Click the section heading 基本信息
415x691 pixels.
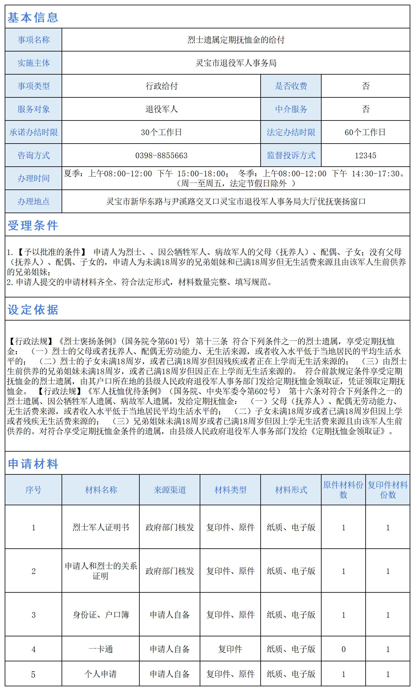tap(33, 17)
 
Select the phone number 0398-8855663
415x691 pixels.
tap(161, 155)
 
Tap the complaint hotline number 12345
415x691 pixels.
tap(365, 155)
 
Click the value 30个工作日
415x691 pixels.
tap(161, 132)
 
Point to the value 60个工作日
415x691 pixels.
tap(365, 132)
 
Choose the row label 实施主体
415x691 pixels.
tap(33, 63)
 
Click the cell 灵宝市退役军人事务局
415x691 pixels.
tap(236, 63)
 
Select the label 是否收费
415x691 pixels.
tap(291, 86)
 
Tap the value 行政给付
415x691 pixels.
tap(161, 86)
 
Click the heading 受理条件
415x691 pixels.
tap(33, 225)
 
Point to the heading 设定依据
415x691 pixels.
tap(33, 310)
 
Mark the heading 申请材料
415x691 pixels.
tap(33, 464)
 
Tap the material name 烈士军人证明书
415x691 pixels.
tap(101, 527)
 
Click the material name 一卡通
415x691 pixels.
tap(101, 649)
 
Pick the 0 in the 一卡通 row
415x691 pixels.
tap(343, 649)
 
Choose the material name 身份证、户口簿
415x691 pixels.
tap(101, 615)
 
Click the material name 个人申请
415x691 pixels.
tap(101, 674)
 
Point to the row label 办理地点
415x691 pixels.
tap(33, 202)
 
